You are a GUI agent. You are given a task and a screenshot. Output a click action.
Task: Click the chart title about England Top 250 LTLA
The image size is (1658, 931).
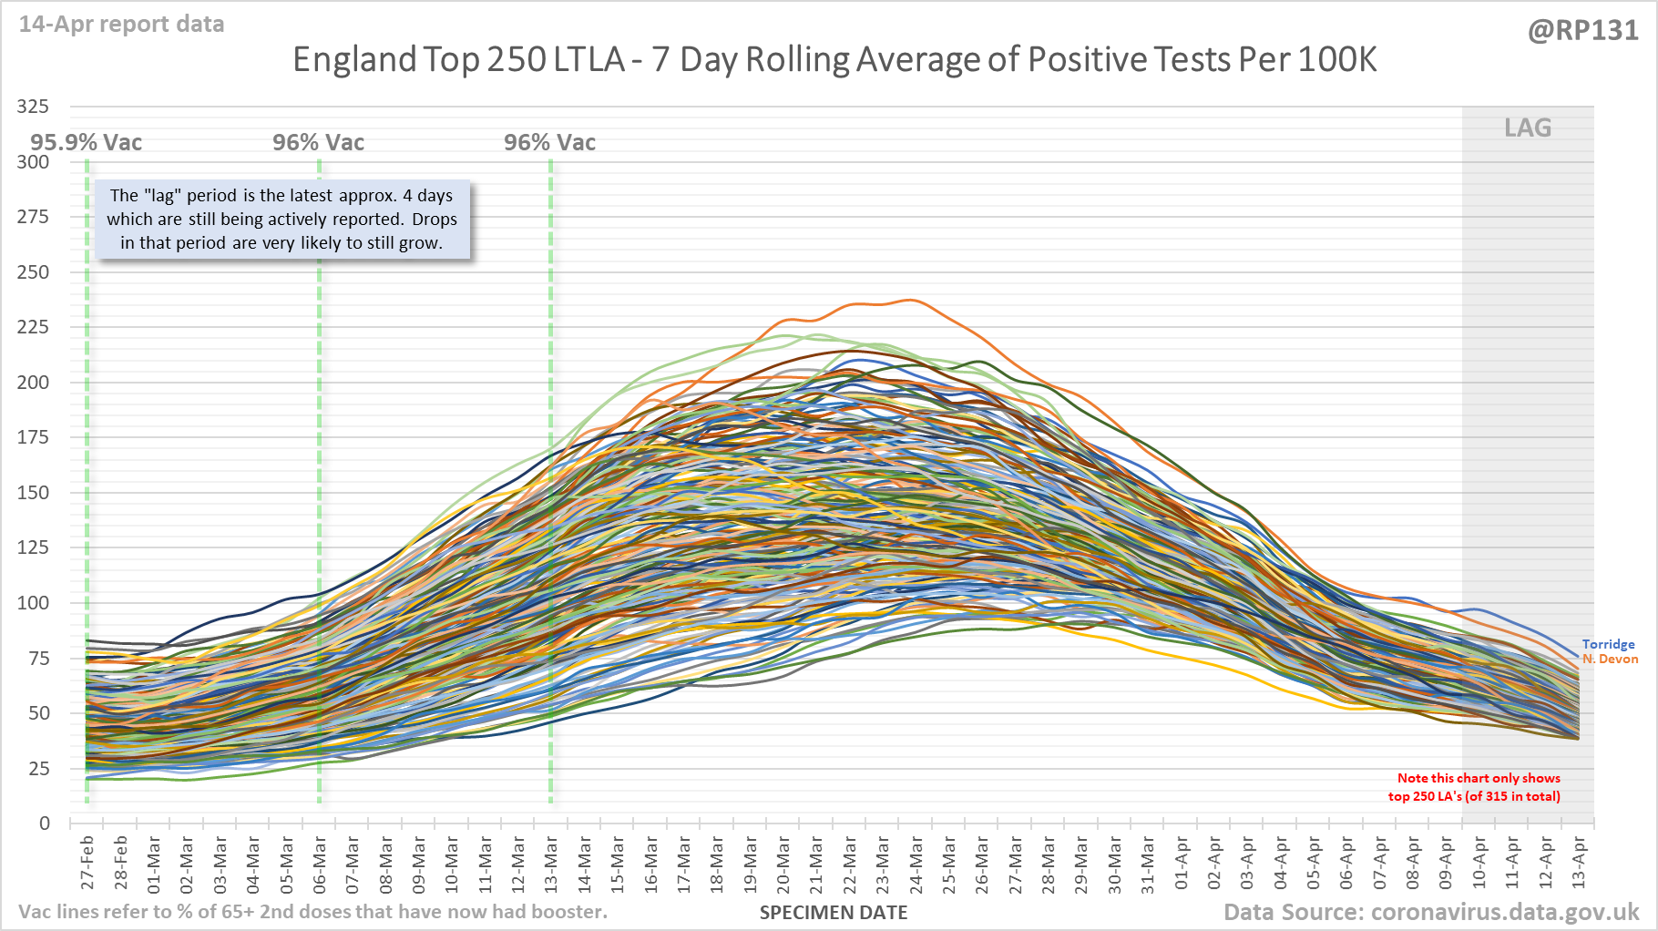click(x=834, y=60)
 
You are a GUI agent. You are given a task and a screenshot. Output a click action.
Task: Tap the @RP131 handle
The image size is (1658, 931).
click(x=1582, y=31)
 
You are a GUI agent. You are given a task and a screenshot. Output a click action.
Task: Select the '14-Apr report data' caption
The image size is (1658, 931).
click(x=121, y=24)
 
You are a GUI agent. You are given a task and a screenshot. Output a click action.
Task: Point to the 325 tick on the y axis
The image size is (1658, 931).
click(x=33, y=107)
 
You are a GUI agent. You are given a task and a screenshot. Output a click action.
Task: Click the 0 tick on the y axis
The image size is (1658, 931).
click(x=44, y=824)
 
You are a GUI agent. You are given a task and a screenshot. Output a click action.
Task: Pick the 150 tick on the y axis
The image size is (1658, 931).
click(x=33, y=493)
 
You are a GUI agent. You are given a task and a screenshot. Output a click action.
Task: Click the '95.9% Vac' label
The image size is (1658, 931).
click(x=87, y=143)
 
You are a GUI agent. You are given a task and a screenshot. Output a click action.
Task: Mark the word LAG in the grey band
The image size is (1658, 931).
click(x=1528, y=128)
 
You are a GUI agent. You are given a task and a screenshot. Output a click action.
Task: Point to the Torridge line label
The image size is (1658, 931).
click(x=1608, y=644)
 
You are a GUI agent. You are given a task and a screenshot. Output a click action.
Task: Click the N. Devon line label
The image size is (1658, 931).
click(x=1610, y=659)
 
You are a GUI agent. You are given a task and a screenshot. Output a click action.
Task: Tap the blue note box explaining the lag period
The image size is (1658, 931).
click(x=281, y=220)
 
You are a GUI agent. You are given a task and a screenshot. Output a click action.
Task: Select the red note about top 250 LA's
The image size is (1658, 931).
click(x=1474, y=787)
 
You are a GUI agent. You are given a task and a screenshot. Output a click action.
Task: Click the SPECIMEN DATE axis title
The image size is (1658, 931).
click(x=834, y=913)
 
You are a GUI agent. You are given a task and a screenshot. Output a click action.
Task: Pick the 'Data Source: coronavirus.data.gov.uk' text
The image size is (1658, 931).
click(x=1430, y=912)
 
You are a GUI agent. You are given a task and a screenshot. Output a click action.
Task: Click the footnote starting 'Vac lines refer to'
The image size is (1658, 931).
click(x=312, y=912)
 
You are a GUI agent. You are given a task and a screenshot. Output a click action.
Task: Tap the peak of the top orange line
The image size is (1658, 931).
click(x=910, y=300)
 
